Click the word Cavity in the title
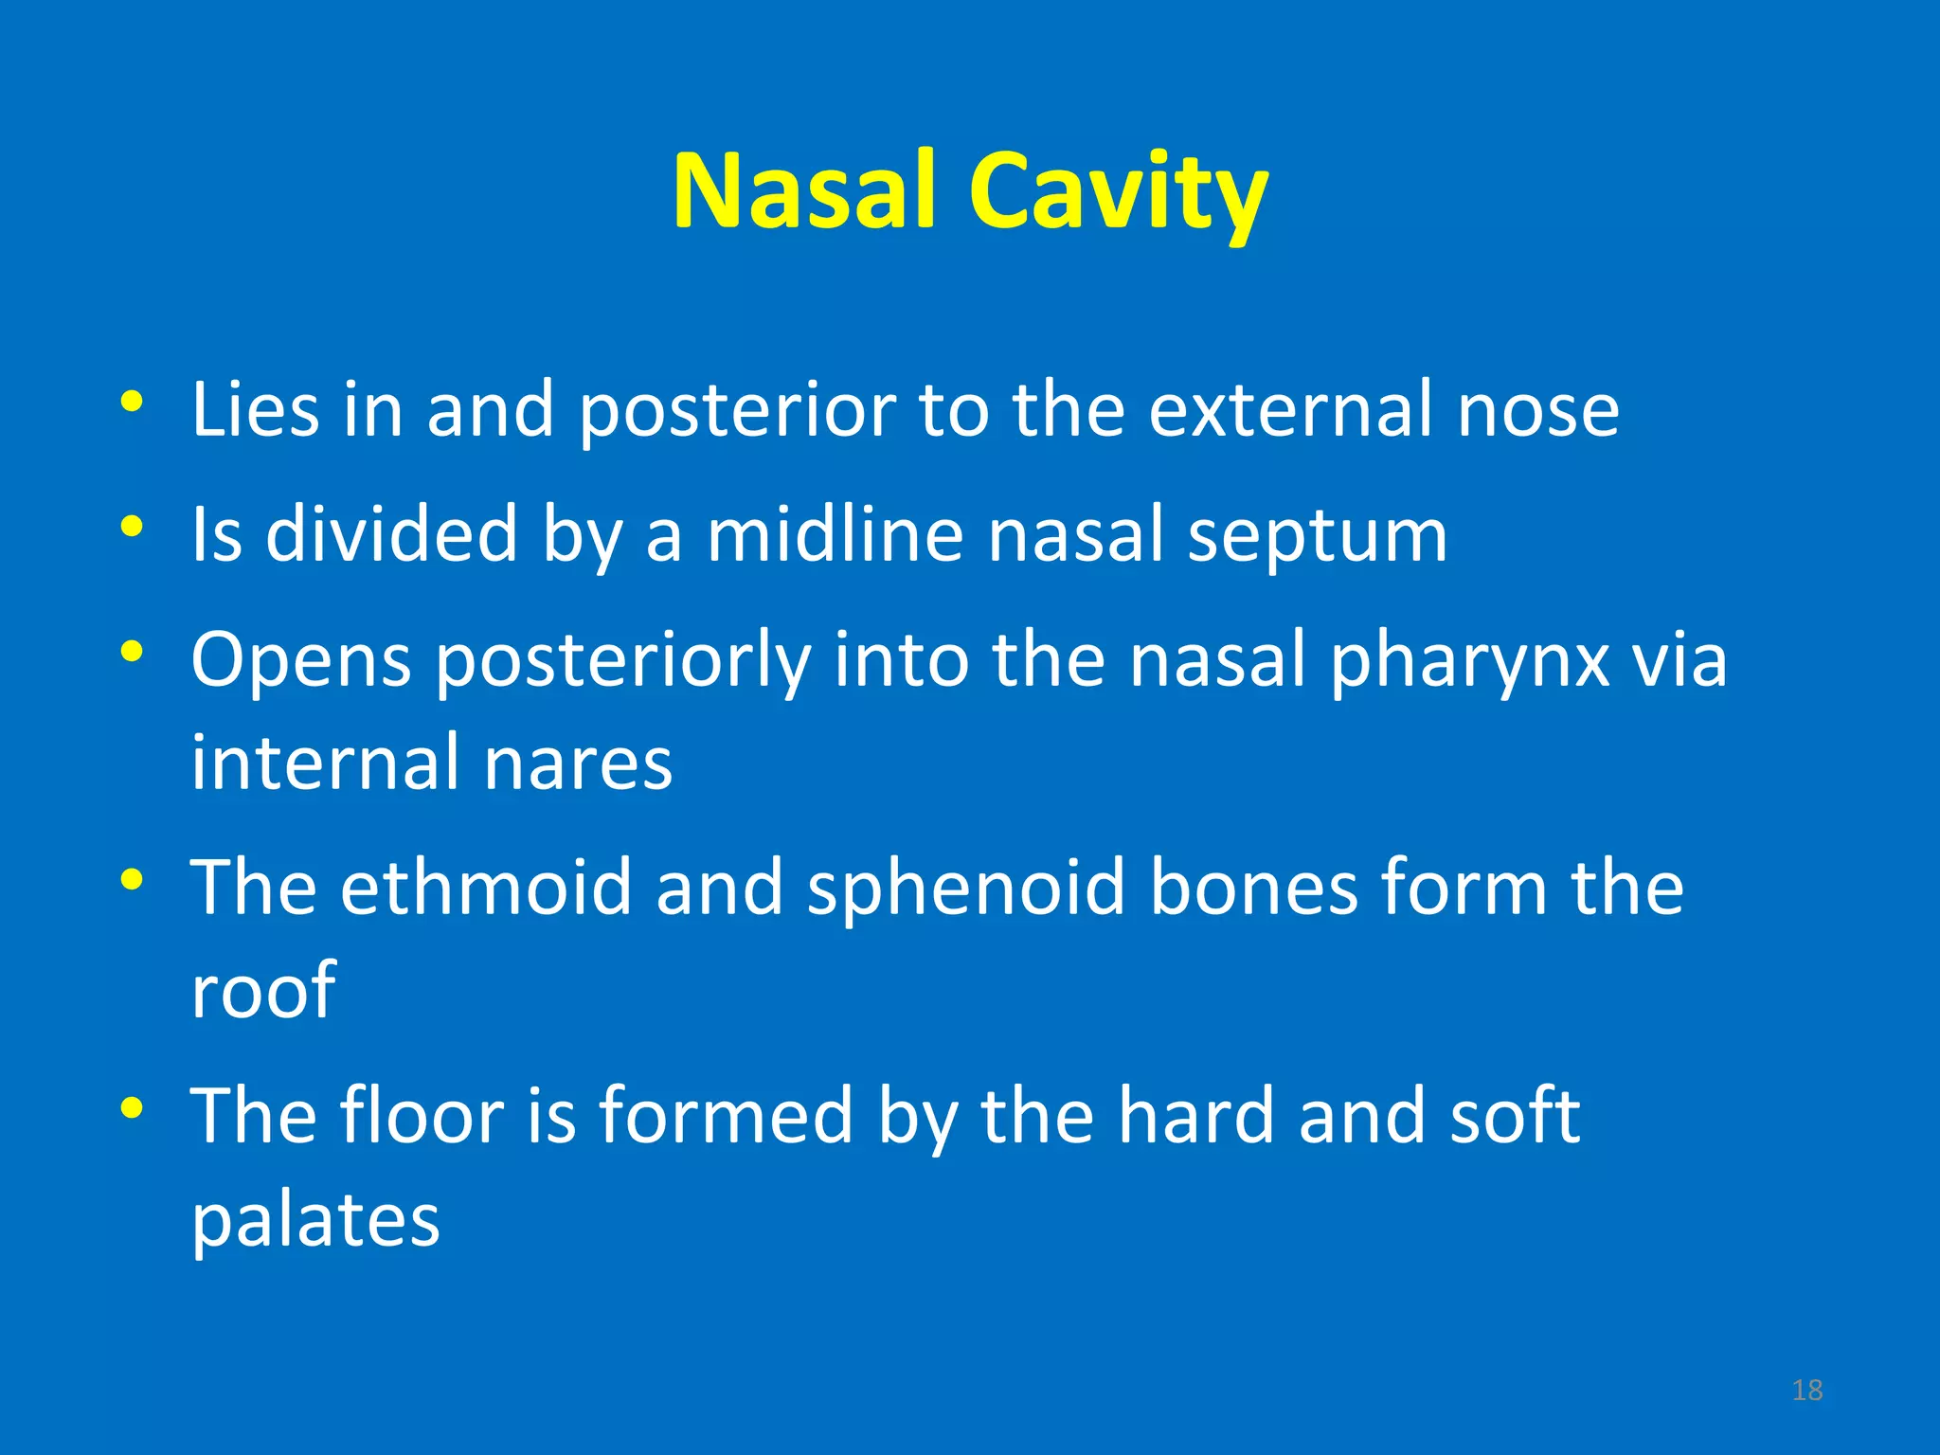click(1118, 194)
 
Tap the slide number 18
click(1807, 1391)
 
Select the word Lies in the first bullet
click(255, 409)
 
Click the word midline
click(835, 534)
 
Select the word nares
click(578, 763)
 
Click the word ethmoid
click(486, 887)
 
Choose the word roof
click(263, 991)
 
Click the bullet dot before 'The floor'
click(132, 1106)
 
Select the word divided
click(391, 534)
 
